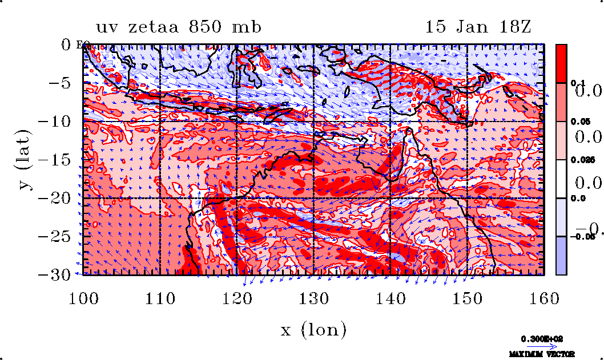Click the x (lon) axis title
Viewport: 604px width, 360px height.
[x=313, y=329]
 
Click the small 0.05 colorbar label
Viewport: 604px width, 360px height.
[x=579, y=122]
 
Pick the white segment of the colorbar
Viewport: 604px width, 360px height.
[x=562, y=179]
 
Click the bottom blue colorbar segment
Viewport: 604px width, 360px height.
[x=562, y=256]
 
